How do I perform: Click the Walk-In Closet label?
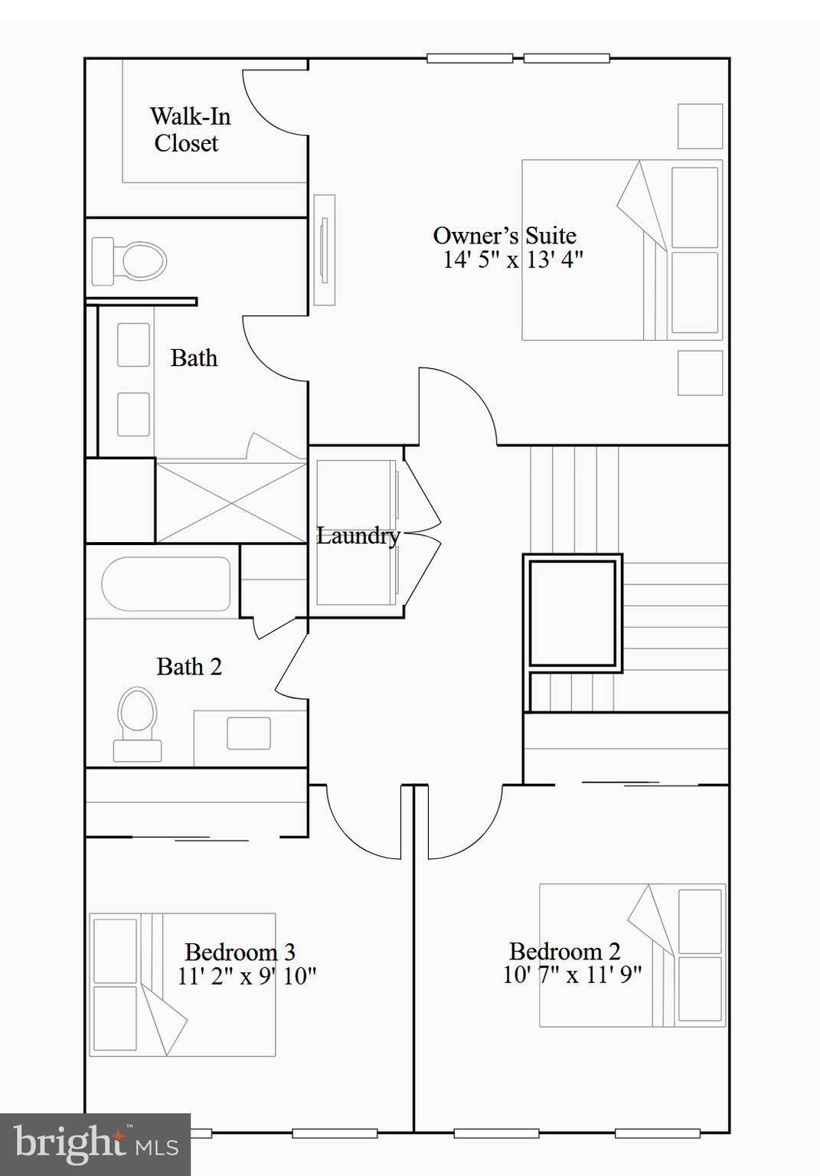coord(189,129)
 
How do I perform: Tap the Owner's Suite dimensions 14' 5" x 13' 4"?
coord(512,260)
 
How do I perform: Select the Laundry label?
coord(358,536)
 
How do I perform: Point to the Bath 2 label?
coord(189,667)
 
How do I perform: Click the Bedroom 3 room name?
coord(240,952)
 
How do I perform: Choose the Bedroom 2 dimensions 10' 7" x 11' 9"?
coord(572,975)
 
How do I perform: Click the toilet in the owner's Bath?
coord(130,261)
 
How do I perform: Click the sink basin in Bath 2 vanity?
coord(249,733)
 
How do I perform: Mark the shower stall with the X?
coord(231,501)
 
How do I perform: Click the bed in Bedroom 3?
coord(182,985)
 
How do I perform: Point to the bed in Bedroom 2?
coord(632,955)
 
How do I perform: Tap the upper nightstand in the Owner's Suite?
coord(700,126)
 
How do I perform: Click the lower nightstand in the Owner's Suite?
coord(700,373)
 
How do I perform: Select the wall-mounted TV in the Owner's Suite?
coord(325,250)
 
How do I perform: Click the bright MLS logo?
coord(95,1144)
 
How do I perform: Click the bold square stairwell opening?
coord(572,613)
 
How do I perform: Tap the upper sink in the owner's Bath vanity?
coord(133,345)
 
